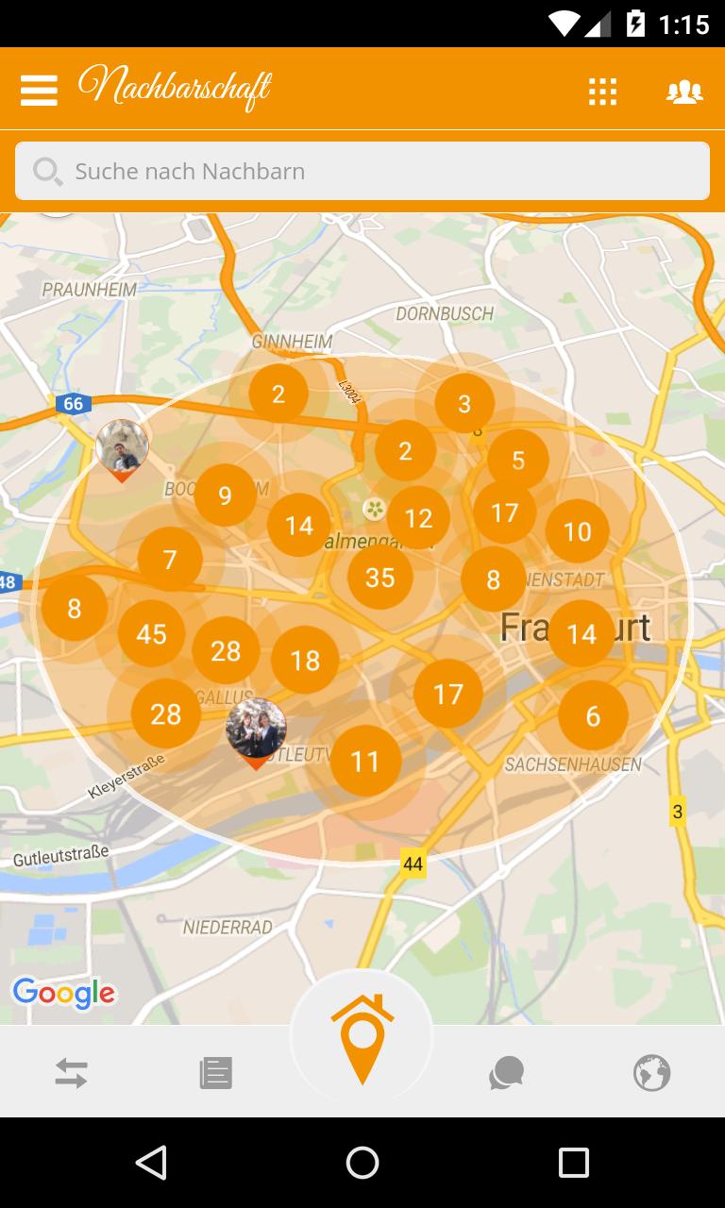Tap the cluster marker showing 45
coord(151,633)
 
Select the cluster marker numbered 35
coord(379,577)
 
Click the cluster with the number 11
coord(365,761)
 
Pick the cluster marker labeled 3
coord(464,404)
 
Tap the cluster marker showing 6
coord(593,716)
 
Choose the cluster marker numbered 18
coord(305,661)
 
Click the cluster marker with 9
coord(225,495)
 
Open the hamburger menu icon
coord(39,90)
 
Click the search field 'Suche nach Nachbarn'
coord(362,171)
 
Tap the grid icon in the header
coord(602,91)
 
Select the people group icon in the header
coord(684,91)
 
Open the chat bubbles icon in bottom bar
coord(506,1073)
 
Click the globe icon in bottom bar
coord(651,1073)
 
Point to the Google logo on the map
coord(63,992)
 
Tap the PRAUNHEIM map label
coord(89,290)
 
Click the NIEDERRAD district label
coord(228,927)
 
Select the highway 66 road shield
coord(73,404)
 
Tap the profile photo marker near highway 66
coord(123,446)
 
